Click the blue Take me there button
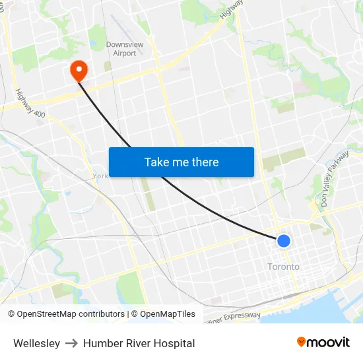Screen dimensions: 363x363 [x=181, y=162]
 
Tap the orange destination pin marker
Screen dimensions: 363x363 [x=78, y=69]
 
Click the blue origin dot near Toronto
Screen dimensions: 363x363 [x=284, y=241]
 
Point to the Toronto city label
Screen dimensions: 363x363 [x=283, y=267]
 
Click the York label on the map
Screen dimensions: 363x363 [x=100, y=176]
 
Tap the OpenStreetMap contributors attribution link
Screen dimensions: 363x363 [x=71, y=314]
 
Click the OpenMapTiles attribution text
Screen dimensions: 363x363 [x=167, y=314]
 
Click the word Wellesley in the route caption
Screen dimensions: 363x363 [x=36, y=343]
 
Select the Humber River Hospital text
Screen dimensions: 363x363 [x=139, y=343]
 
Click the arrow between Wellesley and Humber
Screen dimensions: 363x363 [x=71, y=343]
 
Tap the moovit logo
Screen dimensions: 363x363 [x=323, y=343]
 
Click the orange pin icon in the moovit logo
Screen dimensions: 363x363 [x=302, y=342]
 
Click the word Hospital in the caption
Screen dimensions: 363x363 [x=173, y=343]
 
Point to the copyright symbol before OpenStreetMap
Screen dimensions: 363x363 [x=11, y=314]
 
